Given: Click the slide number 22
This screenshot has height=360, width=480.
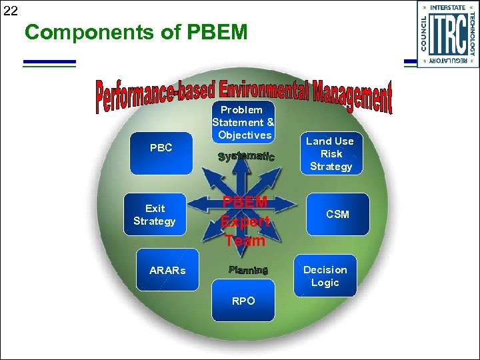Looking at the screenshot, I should [10, 10].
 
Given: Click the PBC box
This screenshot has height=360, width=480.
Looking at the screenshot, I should [161, 149].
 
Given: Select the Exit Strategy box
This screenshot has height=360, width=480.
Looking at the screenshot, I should [155, 215].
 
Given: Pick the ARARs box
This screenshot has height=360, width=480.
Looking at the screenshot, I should [167, 270].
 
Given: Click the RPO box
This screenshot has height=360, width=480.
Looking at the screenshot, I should [243, 301].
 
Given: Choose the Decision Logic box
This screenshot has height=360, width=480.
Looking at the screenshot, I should [325, 276].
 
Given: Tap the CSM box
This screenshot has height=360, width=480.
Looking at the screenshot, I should [337, 214].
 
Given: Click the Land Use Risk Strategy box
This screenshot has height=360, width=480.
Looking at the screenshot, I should [331, 153].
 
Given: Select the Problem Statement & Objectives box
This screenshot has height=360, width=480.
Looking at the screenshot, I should [243, 122].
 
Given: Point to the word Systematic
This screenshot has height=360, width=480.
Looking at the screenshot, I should [246, 157].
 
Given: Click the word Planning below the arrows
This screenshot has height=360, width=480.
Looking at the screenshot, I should [248, 270].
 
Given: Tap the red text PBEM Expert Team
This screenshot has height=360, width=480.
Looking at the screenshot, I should [245, 221].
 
